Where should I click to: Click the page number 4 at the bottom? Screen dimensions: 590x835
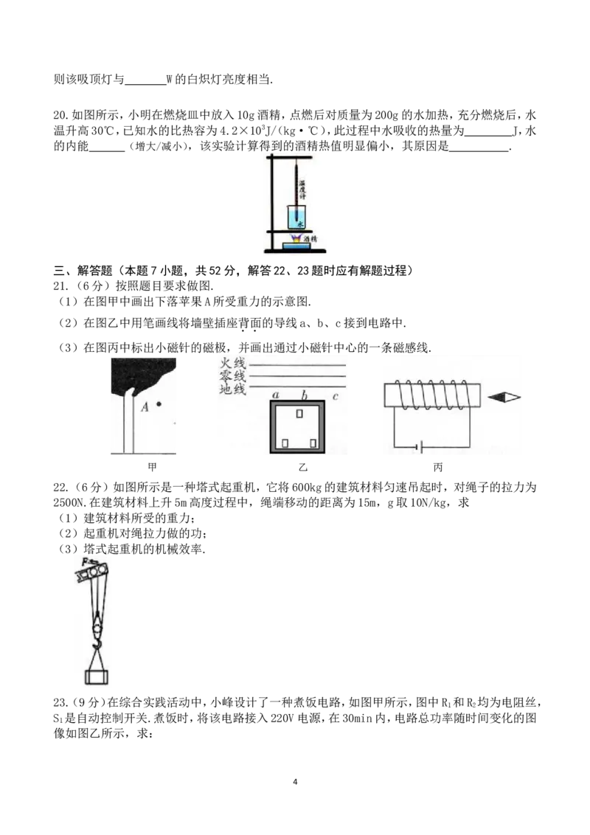[295, 782]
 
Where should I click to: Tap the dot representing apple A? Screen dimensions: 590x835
[159, 405]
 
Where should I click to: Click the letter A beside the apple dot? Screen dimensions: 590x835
[145, 407]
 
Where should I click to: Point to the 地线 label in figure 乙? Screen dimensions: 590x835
[233, 389]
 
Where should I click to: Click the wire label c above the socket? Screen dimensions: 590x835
[336, 396]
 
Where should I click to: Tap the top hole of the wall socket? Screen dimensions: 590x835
[299, 413]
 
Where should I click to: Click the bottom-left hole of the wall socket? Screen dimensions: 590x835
[285, 443]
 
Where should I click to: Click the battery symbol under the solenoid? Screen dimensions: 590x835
[420, 447]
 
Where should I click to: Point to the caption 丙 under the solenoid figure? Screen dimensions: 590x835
[438, 467]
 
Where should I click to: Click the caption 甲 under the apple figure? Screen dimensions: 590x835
[152, 467]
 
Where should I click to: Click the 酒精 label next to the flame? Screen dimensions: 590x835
[310, 239]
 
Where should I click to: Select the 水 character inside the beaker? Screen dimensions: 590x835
[299, 224]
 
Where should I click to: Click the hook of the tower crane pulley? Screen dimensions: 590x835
[97, 645]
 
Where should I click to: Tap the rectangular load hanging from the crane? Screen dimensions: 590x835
[97, 677]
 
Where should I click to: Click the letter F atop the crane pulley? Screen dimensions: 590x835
[86, 561]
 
